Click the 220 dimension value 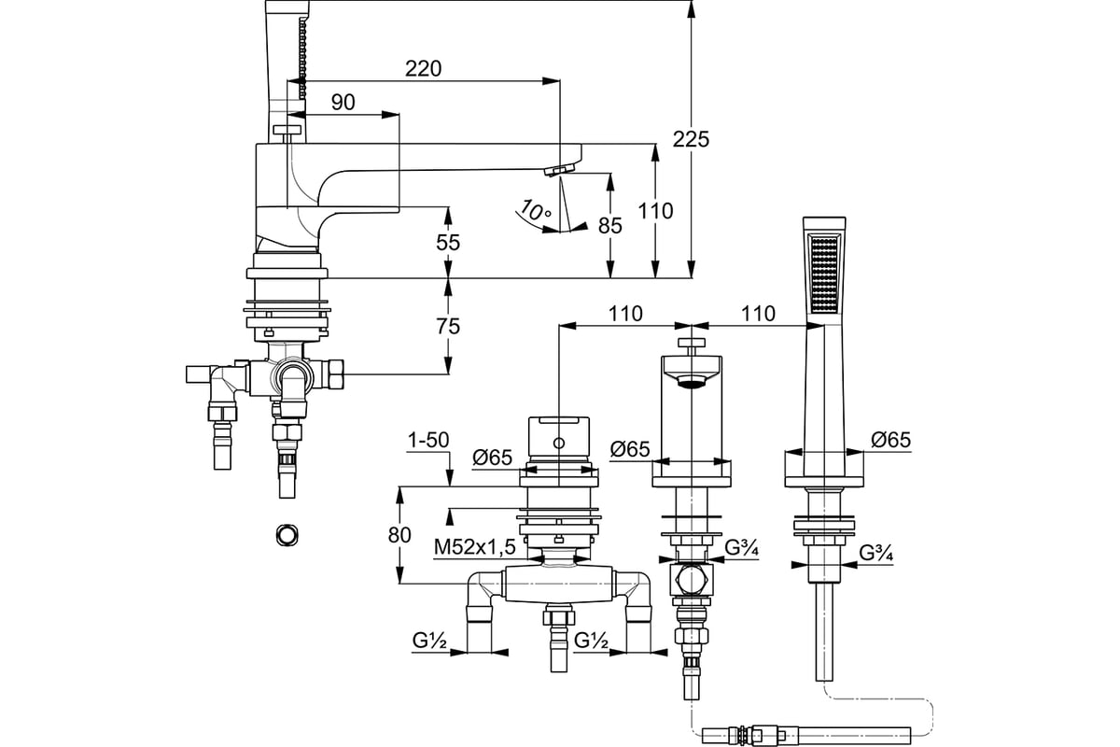point(423,68)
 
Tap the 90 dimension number point(343,103)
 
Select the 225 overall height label point(691,139)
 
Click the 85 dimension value point(610,226)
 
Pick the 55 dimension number point(447,243)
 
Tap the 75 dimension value point(447,327)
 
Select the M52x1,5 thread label point(474,547)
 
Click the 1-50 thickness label point(428,441)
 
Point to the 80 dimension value point(399,535)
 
